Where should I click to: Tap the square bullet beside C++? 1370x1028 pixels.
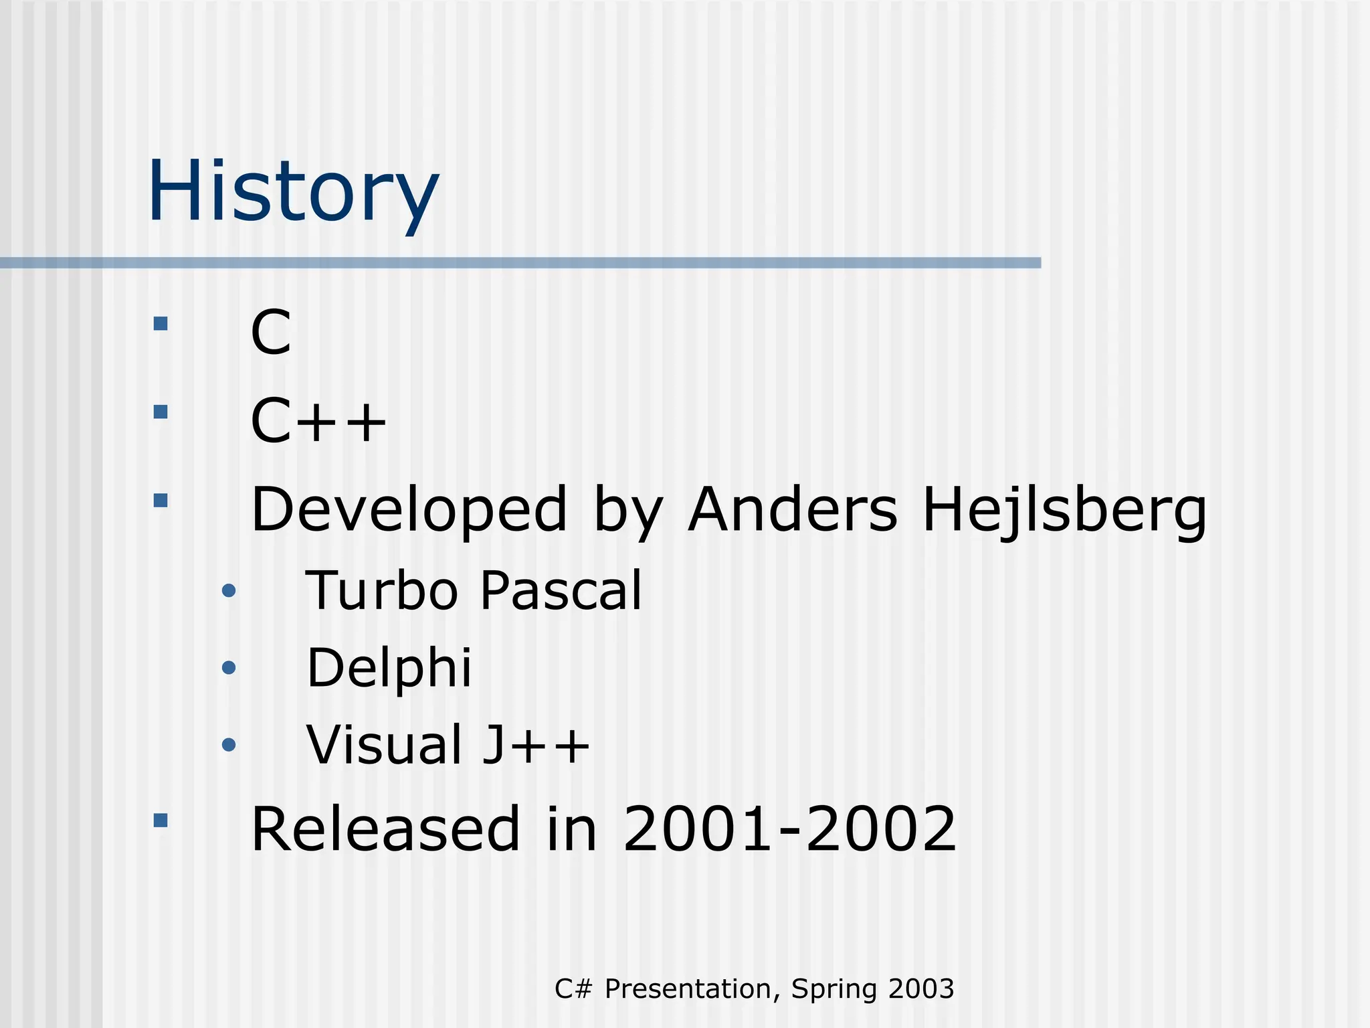coord(161,412)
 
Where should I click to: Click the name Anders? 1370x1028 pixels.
coord(793,510)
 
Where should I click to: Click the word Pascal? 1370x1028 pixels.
coord(561,590)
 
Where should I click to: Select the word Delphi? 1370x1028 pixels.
coord(389,669)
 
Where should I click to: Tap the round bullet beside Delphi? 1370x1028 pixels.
coord(229,667)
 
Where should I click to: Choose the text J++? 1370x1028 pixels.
coord(536,744)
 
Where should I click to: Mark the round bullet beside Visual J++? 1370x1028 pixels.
coord(229,744)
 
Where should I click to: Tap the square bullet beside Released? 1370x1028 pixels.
coord(161,821)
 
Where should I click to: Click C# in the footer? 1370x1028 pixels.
coord(573,989)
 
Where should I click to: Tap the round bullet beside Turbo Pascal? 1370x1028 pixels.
coord(229,590)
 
